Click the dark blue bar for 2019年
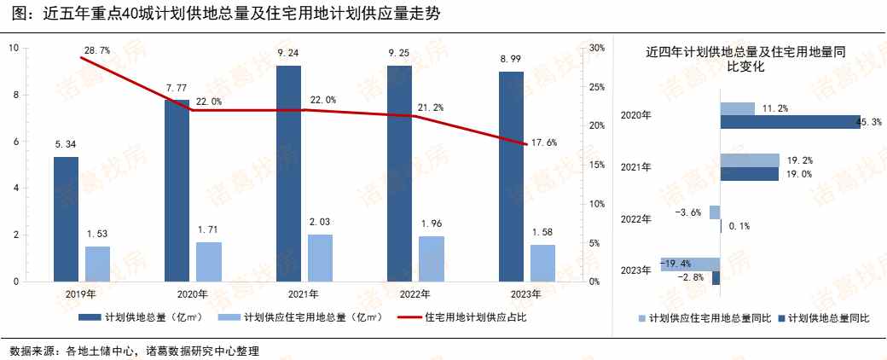point(66,219)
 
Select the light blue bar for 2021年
point(320,258)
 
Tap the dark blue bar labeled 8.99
point(511,177)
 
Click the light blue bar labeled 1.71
point(209,261)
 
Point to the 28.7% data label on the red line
point(97,51)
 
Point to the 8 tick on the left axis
point(14,95)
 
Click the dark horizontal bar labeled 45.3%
point(790,122)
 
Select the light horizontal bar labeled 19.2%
point(750,160)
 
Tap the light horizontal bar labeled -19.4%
point(690,264)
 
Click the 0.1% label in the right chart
point(741,227)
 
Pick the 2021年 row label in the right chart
point(635,167)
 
